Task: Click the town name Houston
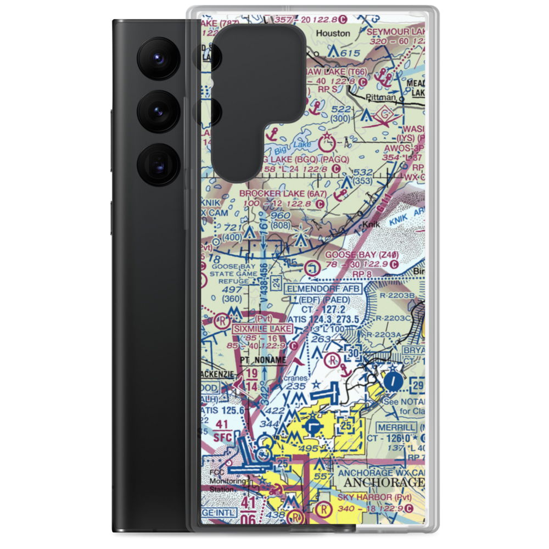click(x=333, y=33)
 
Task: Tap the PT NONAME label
click(x=264, y=360)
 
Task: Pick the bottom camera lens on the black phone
click(x=158, y=163)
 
